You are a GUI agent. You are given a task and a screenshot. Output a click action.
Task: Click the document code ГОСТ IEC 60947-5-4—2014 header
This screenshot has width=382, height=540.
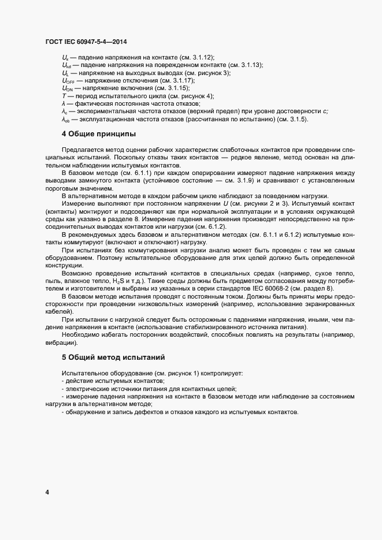pyautogui.click(x=86, y=42)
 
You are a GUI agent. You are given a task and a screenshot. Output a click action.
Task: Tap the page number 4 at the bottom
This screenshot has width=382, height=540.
pyautogui.click(x=47, y=492)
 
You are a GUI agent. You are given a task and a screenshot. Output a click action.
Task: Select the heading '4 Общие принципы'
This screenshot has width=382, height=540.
pyautogui.click(x=99, y=134)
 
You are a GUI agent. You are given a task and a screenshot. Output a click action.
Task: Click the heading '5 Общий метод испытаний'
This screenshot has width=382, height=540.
pyautogui.click(x=113, y=357)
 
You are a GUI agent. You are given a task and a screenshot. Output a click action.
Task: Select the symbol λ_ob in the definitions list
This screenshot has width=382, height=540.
pyautogui.click(x=66, y=119)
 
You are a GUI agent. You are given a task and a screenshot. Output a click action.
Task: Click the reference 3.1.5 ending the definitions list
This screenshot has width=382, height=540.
pyautogui.click(x=298, y=119)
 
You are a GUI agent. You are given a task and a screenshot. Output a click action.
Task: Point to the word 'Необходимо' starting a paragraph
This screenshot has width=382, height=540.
pyautogui.click(x=80, y=335)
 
